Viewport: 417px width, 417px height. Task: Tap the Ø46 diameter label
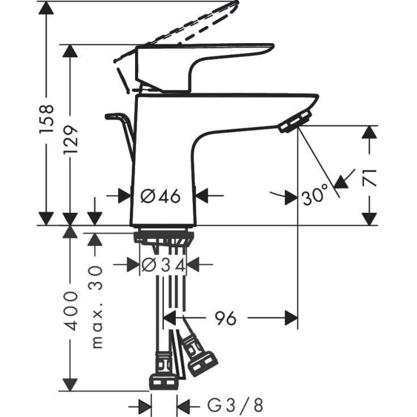[161, 196]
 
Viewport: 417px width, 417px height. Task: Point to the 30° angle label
[315, 196]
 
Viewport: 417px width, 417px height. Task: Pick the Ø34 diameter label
[163, 264]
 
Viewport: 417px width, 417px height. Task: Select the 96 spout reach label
[225, 319]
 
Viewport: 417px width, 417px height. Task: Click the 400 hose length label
[70, 310]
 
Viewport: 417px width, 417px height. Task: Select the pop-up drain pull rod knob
[113, 116]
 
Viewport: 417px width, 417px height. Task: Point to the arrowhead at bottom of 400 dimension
[70, 385]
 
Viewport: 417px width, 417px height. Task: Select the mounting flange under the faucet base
[164, 236]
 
